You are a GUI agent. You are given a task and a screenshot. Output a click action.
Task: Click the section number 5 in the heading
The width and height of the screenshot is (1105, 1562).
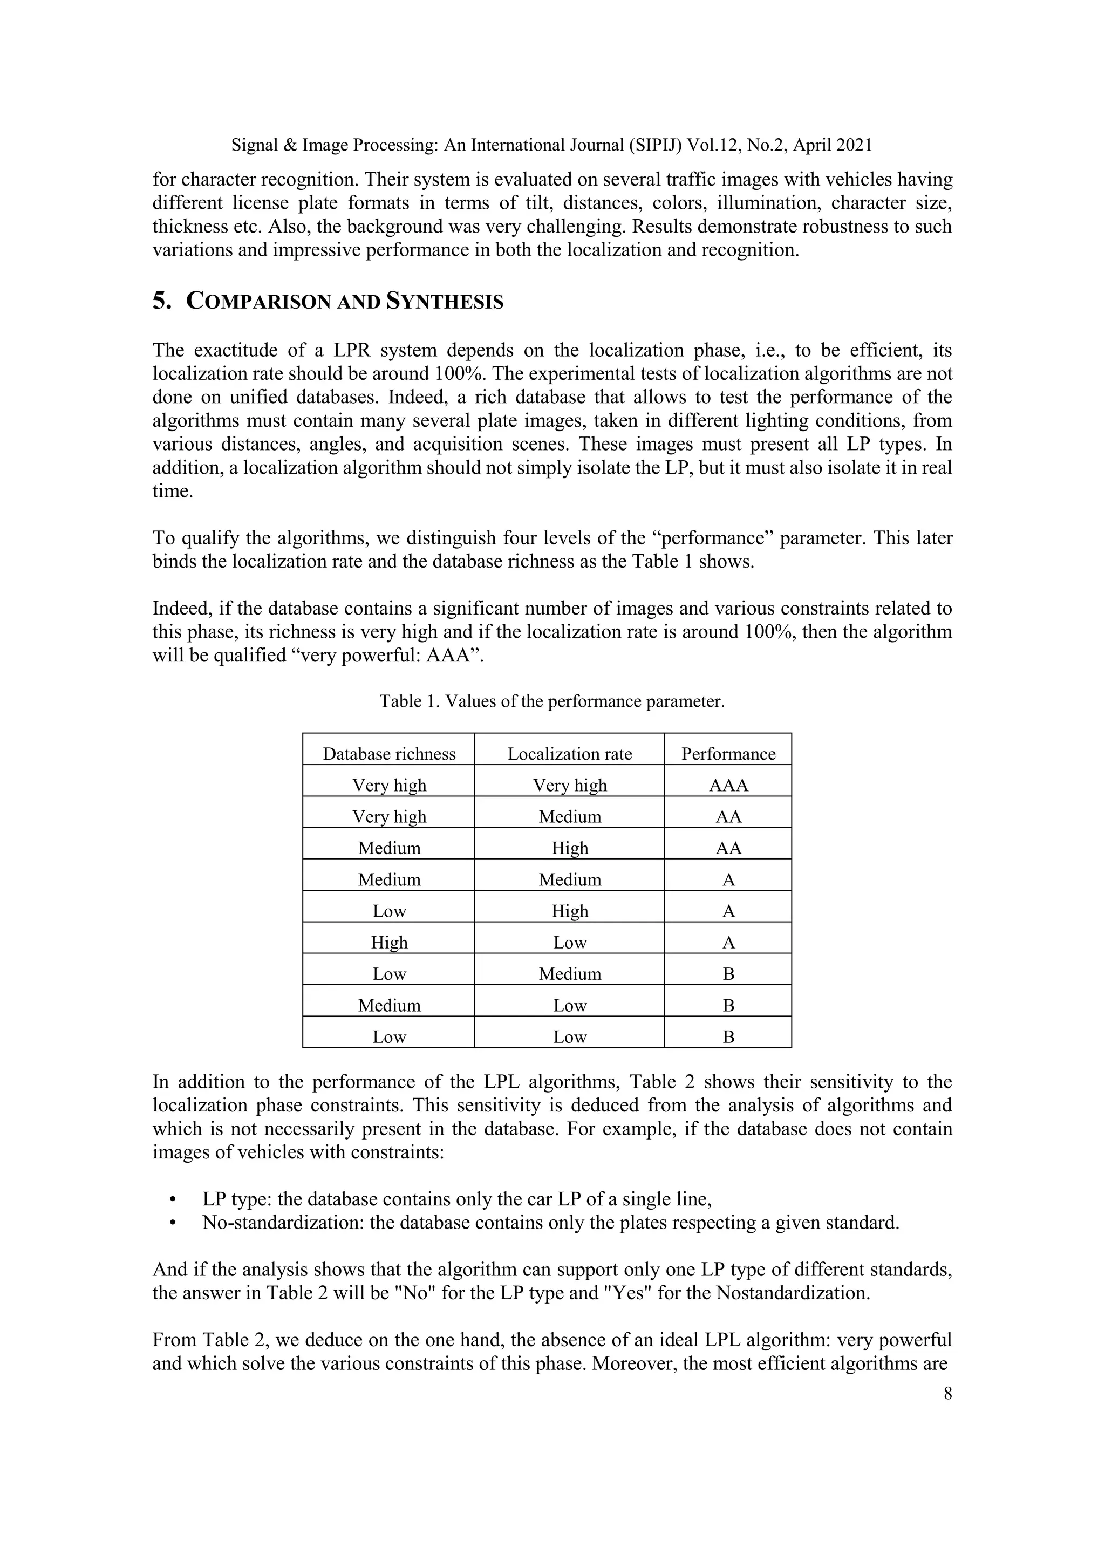click(161, 302)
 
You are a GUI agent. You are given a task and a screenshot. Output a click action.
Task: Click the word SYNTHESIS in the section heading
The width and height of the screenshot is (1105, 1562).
click(444, 302)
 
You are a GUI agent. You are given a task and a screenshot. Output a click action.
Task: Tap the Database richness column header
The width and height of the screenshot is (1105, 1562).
click(388, 754)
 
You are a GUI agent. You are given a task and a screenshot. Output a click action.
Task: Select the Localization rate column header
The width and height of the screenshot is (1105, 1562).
click(570, 754)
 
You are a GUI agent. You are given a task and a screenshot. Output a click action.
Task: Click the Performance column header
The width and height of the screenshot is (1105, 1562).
click(728, 754)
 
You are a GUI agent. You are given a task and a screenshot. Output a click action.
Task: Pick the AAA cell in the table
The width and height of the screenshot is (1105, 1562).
click(728, 785)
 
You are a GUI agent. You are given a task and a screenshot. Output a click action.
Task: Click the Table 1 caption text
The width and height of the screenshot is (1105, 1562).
click(552, 701)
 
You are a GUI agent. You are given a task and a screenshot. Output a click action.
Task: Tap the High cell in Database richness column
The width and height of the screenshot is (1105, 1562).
click(388, 942)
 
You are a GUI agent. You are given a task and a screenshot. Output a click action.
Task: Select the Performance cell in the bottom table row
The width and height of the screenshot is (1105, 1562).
click(728, 1037)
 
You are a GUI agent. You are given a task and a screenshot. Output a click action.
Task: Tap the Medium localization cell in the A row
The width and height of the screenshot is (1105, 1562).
click(570, 879)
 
